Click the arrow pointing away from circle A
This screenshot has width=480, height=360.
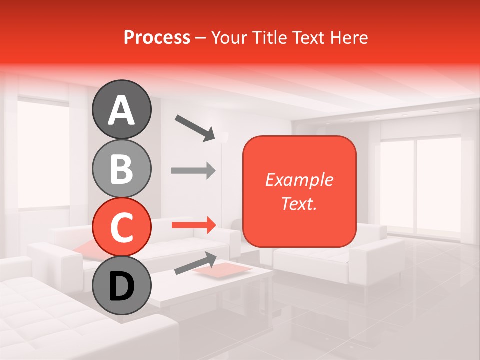tap(195, 127)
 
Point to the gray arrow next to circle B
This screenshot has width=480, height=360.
tap(193, 170)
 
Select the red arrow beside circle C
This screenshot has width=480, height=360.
tap(193, 225)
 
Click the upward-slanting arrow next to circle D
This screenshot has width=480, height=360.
tap(195, 263)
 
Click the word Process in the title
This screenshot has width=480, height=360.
tap(157, 38)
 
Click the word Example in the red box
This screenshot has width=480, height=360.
tap(299, 180)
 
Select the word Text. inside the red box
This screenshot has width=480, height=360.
tap(299, 203)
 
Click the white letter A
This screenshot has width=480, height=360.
tap(121, 111)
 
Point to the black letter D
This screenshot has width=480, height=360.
tap(121, 287)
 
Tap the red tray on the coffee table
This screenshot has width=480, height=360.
tap(222, 269)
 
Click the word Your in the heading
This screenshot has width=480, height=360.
tap(227, 38)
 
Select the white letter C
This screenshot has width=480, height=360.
tap(121, 228)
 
